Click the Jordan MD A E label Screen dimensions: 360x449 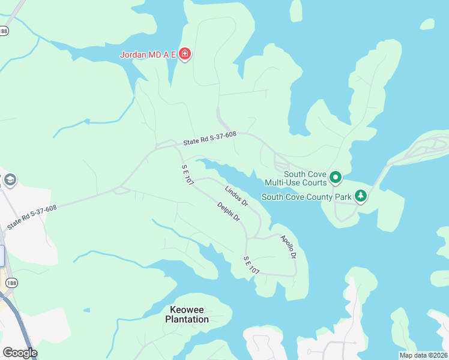(x=148, y=55)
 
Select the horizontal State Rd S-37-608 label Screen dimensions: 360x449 (x=210, y=139)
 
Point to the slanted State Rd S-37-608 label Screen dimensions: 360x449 (x=32, y=217)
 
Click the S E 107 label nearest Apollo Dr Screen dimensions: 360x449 (x=251, y=266)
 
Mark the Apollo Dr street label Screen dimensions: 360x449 (x=289, y=247)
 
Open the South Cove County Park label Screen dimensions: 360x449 (x=306, y=196)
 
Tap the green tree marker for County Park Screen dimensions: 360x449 (x=360, y=196)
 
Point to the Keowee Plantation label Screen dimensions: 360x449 (x=187, y=314)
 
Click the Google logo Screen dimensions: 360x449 (x=20, y=353)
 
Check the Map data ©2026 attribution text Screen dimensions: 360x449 (x=423, y=355)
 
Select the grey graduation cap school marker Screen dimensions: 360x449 (x=10, y=180)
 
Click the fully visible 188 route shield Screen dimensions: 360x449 (x=11, y=282)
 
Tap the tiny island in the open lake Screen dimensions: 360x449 (x=427, y=24)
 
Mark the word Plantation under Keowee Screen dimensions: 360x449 (x=187, y=319)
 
